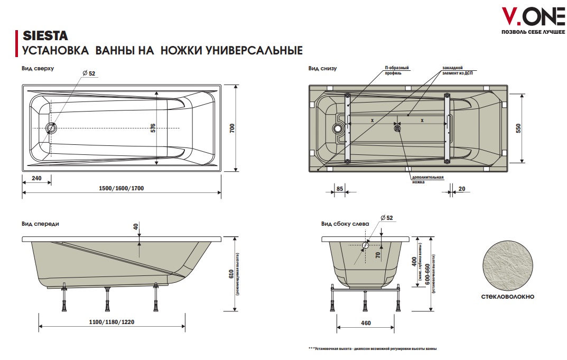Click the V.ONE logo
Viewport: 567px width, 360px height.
point(533,21)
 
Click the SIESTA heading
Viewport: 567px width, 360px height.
point(45,36)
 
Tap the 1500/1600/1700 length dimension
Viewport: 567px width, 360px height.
point(121,188)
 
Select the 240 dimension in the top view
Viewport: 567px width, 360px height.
point(36,178)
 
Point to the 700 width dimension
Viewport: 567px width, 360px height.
point(232,128)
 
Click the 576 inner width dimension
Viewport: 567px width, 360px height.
point(153,128)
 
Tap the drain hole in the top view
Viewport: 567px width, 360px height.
point(51,128)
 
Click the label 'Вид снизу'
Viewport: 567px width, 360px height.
point(322,68)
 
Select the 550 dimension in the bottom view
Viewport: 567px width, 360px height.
point(518,128)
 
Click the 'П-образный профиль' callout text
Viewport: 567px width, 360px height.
point(396,70)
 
